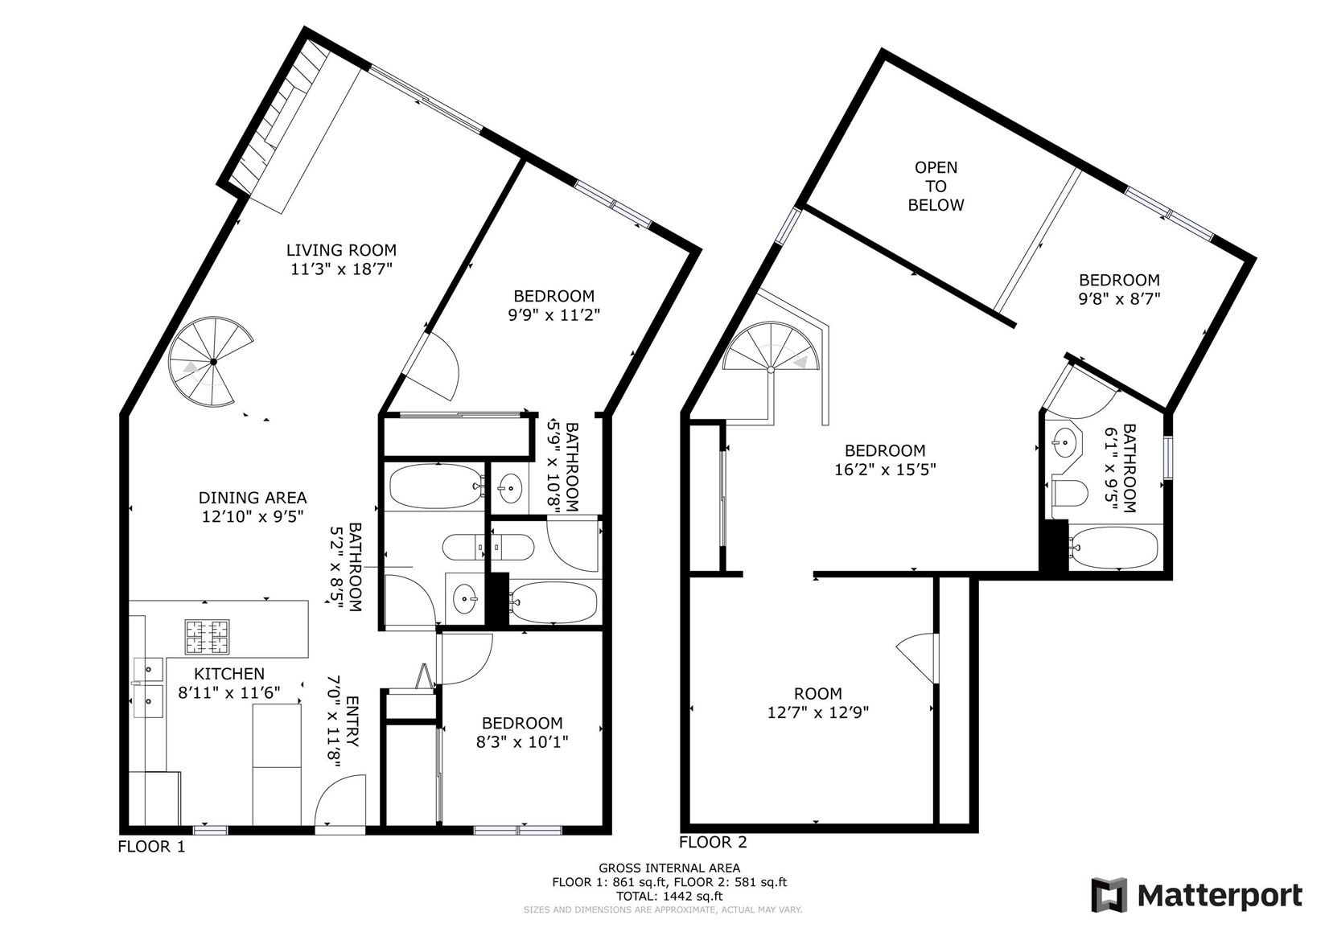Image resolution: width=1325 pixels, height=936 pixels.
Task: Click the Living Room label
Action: click(341, 250)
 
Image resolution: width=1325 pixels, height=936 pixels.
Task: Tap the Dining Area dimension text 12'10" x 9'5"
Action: click(253, 516)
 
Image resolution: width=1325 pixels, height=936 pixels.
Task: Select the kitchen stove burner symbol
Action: click(207, 637)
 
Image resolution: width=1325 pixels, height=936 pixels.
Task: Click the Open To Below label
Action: click(936, 187)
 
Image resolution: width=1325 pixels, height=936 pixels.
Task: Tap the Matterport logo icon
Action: click(1109, 895)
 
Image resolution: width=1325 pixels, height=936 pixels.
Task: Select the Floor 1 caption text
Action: click(151, 847)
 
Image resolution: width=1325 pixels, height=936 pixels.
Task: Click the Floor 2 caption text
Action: click(713, 842)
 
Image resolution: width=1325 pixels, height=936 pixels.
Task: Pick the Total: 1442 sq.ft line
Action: click(669, 896)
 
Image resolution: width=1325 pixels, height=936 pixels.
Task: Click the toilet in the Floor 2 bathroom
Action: click(1071, 493)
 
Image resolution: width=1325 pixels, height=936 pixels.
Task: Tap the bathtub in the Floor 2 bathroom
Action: click(1113, 547)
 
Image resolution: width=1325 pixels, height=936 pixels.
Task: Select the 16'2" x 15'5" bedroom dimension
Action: click(885, 470)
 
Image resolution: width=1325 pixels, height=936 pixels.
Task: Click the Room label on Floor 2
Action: click(818, 693)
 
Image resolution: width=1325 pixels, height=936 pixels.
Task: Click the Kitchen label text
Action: click(229, 674)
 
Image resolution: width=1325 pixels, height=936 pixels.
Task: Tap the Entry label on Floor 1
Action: click(352, 721)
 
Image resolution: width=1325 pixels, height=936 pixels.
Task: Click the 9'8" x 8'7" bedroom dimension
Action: click(1119, 298)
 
